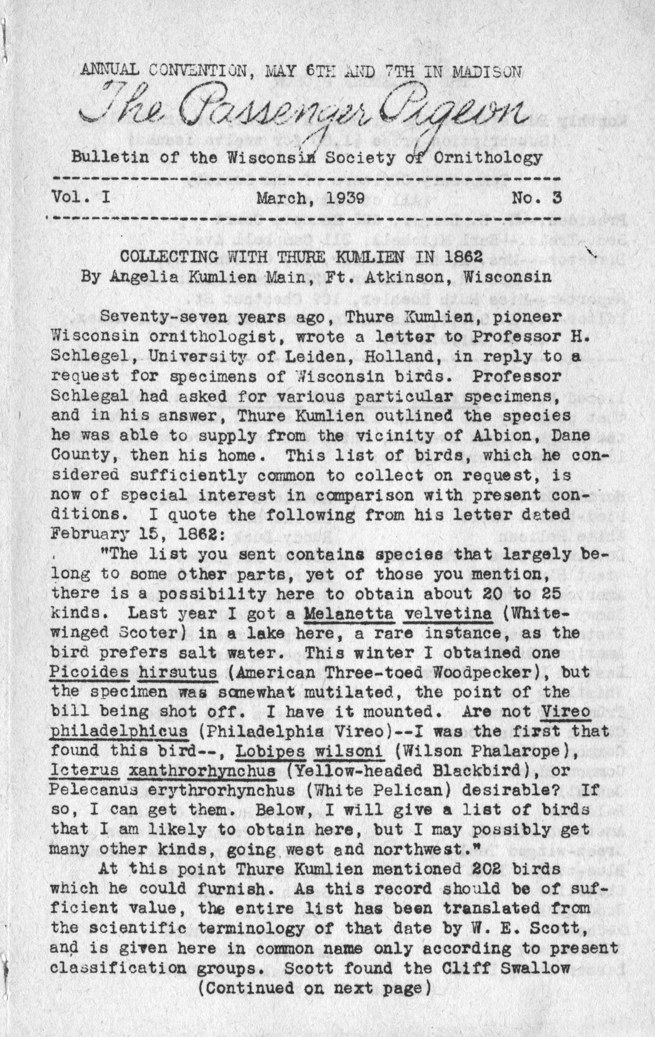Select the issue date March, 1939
tap(311, 198)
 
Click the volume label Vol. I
tap(81, 198)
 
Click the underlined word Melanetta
tap(349, 613)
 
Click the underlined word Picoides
tap(90, 672)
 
